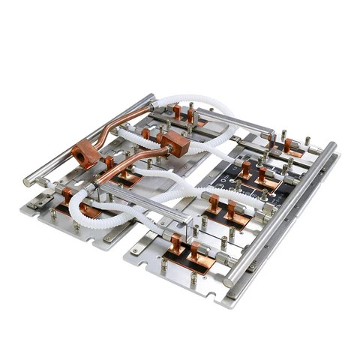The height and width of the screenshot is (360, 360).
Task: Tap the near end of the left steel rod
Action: [x=29, y=180]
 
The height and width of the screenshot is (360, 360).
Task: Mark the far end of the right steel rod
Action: [x=331, y=145]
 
